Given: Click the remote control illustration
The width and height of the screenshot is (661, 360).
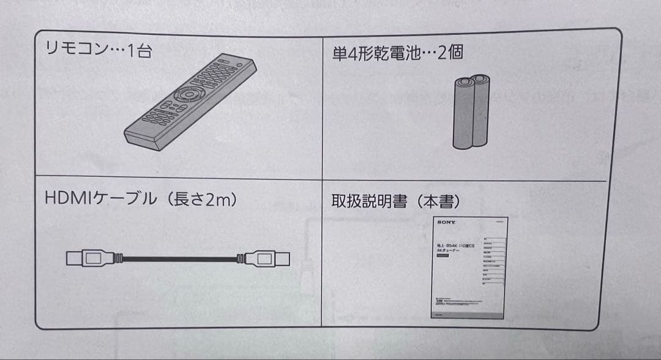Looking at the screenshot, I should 190,101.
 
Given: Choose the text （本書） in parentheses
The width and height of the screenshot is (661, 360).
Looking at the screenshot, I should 438,201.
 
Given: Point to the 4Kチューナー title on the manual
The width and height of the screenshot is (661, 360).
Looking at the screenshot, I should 449,250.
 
